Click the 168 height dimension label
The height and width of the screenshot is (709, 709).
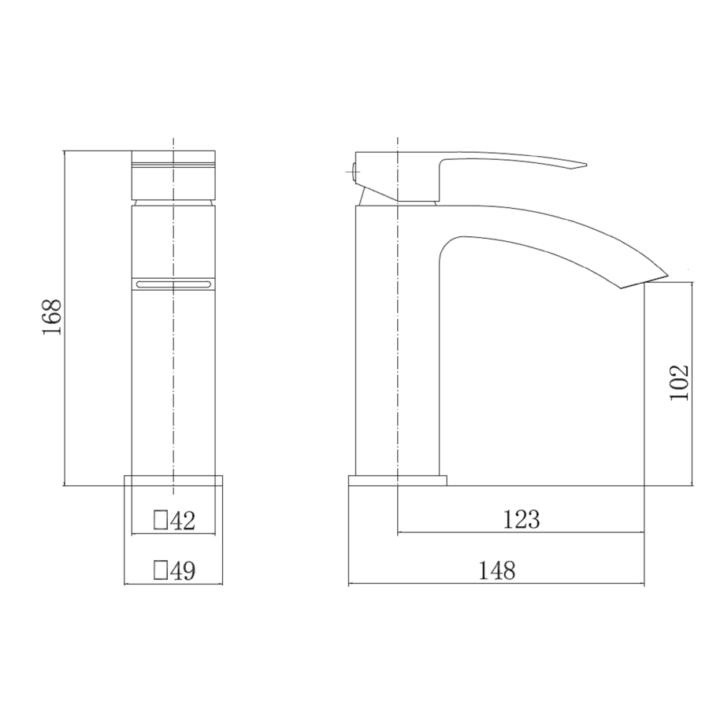(51, 317)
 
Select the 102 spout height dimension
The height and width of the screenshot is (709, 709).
(679, 381)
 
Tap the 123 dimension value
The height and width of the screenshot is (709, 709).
(521, 519)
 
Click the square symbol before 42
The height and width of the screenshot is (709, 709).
(160, 520)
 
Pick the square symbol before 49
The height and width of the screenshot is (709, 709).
(160, 570)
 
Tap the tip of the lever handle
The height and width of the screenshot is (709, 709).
(584, 165)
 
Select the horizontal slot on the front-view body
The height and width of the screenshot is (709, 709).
(173, 283)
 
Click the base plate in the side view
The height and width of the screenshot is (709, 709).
(398, 480)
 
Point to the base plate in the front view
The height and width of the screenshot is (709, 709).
(173, 480)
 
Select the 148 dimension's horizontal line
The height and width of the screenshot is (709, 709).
(496, 585)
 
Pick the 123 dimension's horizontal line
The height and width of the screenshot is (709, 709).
(521, 533)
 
